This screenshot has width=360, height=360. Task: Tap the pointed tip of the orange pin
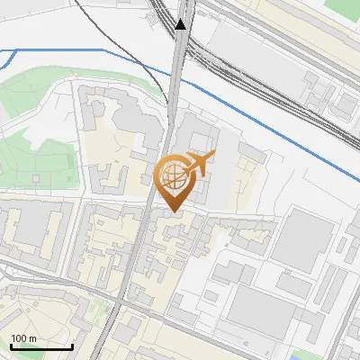(x=171, y=211)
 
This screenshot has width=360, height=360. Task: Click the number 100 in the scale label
(x=19, y=338)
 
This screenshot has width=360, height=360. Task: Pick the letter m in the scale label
(x=32, y=338)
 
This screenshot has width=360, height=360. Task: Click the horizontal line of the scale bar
(x=41, y=346)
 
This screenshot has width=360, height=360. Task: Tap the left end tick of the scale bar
(x=11, y=345)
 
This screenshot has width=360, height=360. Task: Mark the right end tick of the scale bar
(x=72, y=345)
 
